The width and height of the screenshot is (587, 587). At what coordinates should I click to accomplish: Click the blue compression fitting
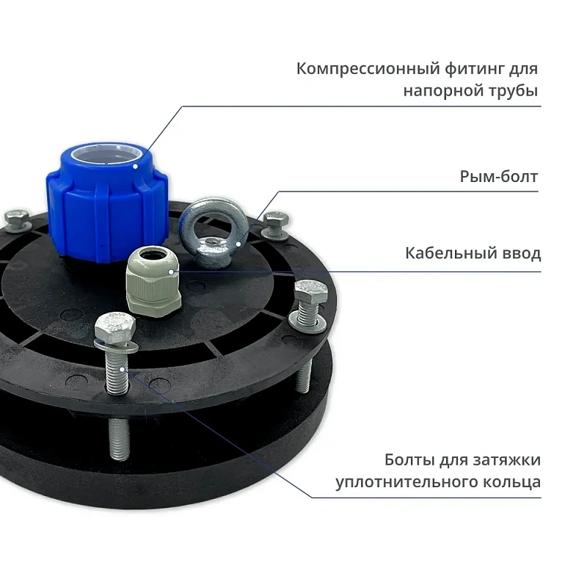[107, 203]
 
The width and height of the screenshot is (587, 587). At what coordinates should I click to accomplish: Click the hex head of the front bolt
[115, 326]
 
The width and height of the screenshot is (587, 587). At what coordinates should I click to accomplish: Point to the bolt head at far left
[16, 219]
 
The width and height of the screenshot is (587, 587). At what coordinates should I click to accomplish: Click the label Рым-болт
[499, 177]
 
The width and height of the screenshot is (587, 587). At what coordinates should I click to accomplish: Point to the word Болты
[409, 460]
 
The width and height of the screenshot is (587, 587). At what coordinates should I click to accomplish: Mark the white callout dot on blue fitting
[136, 166]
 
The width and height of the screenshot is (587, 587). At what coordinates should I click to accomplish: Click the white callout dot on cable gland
[171, 271]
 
